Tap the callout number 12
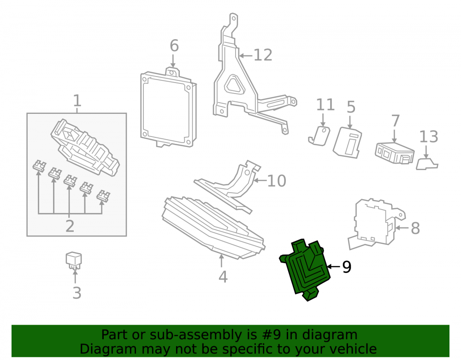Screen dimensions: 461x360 tap(263, 55)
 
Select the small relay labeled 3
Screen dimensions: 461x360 tap(73, 260)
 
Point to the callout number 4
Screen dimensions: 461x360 tap(223, 277)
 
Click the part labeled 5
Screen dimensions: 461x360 tap(347, 142)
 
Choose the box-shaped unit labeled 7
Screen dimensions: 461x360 tap(395, 153)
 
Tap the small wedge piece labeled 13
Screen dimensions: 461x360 tap(427, 164)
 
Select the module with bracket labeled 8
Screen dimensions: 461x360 tap(376, 224)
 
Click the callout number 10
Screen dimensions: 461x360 tap(276, 181)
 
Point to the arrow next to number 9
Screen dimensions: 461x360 tap(333, 266)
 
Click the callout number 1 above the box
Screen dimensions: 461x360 tap(77, 101)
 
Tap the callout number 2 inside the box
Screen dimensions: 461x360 tap(70, 226)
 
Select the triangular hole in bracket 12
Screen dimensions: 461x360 tap(235, 85)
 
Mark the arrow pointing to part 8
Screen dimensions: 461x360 tap(402, 228)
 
